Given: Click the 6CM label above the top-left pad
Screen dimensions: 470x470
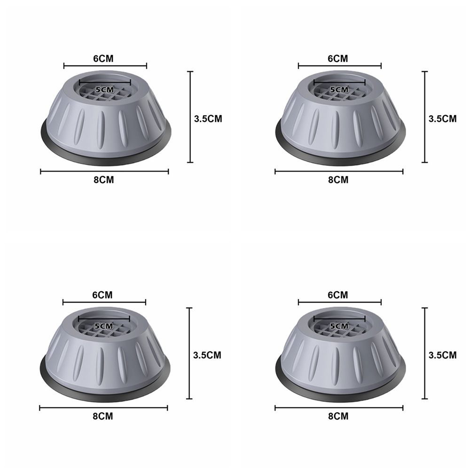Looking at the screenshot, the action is point(103,58).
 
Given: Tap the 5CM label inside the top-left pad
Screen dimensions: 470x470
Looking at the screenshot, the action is point(105,90).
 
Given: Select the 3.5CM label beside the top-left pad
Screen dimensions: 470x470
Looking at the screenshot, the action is point(208,119).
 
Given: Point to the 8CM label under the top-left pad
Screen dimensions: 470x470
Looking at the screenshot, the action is point(104,180).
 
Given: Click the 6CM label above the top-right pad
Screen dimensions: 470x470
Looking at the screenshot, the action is point(338,58).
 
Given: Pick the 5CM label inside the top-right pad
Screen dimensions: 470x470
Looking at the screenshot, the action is point(339,90).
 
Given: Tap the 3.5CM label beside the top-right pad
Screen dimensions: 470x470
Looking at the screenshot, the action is point(442,119).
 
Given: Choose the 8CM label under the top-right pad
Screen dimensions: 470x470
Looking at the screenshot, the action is point(338,180).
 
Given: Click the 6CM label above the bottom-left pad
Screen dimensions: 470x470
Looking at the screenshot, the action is point(102,295).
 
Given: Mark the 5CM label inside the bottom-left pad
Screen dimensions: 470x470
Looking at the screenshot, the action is point(104,326).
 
